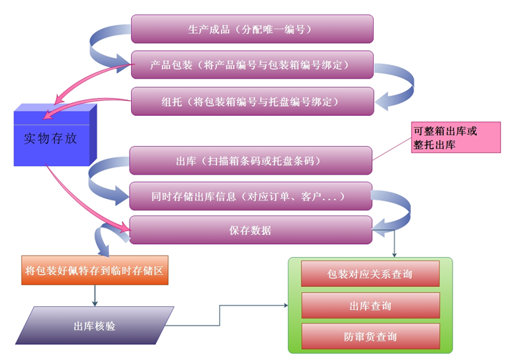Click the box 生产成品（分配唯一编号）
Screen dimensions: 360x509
[x=252, y=29]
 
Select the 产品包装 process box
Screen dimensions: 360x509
[x=252, y=65]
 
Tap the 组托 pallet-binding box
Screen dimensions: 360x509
[x=252, y=101]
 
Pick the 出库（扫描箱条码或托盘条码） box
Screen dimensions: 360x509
[x=251, y=160]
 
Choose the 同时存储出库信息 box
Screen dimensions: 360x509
[x=251, y=195]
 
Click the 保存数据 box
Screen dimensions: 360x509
[x=251, y=230]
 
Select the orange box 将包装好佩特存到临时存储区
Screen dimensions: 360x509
[x=95, y=271]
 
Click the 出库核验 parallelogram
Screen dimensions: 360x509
[x=94, y=326]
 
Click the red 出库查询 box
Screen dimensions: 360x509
[x=370, y=306]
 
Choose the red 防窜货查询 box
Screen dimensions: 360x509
[x=370, y=336]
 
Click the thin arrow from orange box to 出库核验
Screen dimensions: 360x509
[x=95, y=294]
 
